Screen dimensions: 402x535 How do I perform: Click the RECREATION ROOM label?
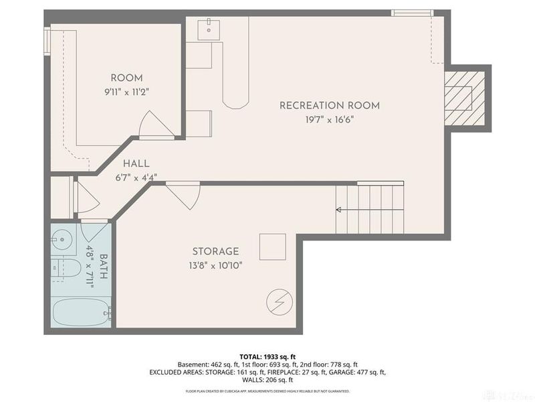(x=329, y=105)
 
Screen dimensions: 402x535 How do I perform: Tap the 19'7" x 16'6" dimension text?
(x=329, y=119)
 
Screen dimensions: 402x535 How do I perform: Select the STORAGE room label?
(x=215, y=251)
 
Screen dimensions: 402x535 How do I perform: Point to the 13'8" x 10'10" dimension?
(x=215, y=265)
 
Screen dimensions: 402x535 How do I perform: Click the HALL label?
(x=136, y=163)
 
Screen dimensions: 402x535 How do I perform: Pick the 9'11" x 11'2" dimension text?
(x=126, y=92)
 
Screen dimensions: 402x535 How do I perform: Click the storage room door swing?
(x=185, y=196)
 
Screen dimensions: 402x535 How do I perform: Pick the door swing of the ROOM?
(x=151, y=125)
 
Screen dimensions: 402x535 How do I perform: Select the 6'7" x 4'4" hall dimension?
(x=136, y=178)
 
